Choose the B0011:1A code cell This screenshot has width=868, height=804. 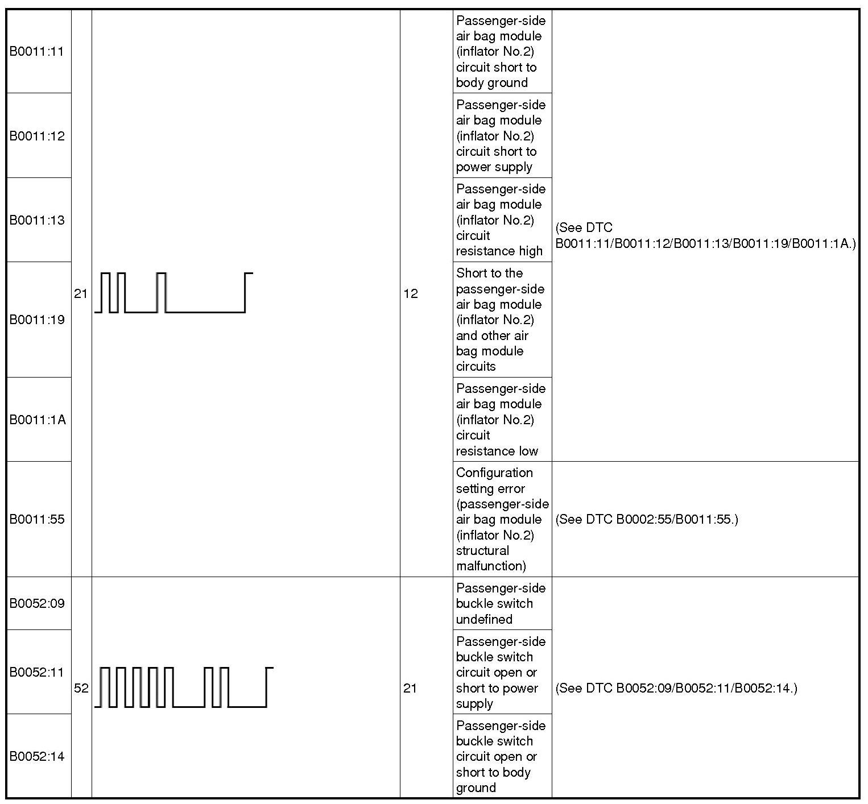(x=38, y=420)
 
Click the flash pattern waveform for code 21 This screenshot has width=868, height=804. (x=173, y=293)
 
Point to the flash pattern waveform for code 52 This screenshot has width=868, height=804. (x=183, y=687)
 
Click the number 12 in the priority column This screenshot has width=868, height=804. (x=411, y=293)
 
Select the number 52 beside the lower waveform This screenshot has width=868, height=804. (x=81, y=688)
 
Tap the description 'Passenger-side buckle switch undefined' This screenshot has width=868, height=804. (x=501, y=603)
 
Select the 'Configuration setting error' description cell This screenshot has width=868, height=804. (x=502, y=519)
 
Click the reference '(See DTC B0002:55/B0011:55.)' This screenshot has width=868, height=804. (x=646, y=519)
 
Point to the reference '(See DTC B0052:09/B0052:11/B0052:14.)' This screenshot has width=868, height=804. (x=676, y=688)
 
